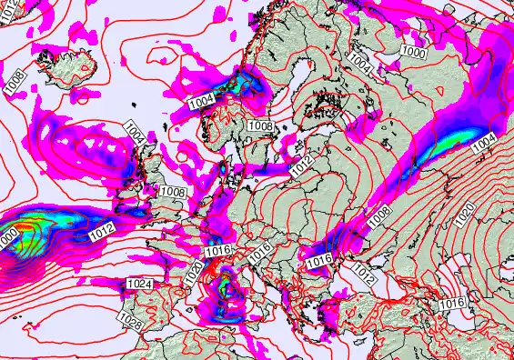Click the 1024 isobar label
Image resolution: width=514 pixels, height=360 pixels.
coord(141,285)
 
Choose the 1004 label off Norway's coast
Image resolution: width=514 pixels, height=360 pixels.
coord(201,100)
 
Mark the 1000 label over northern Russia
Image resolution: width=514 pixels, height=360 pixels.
coord(414,53)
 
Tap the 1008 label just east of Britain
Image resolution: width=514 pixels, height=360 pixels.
coord(172,193)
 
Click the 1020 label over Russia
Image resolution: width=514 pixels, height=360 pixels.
coord(465,215)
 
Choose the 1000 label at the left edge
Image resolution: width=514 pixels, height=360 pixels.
coord(8,238)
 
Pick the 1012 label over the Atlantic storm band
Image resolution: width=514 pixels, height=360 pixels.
coord(101,235)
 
